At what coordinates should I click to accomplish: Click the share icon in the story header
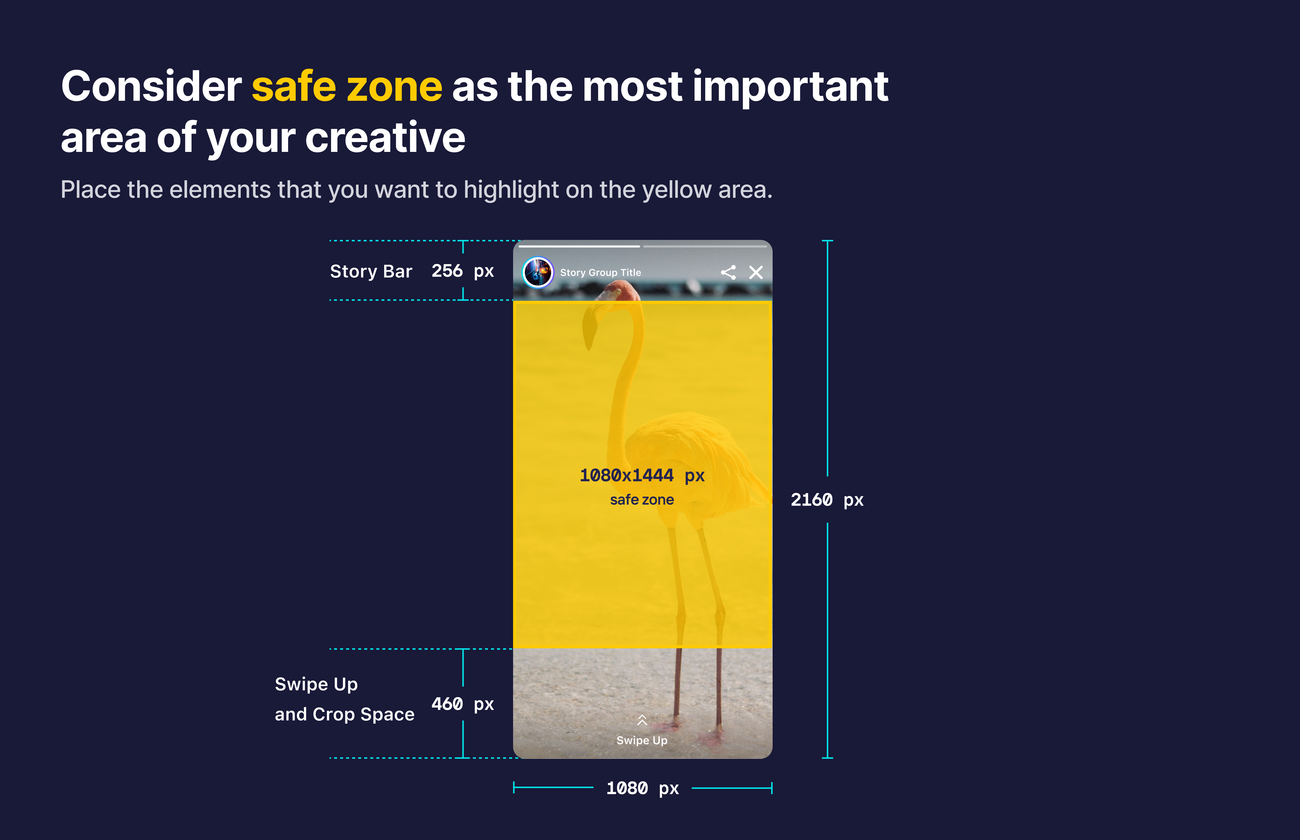[728, 272]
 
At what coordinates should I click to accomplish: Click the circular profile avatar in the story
[538, 272]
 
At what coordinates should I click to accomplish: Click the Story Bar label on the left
[371, 271]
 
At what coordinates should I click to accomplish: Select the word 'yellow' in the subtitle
[677, 190]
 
